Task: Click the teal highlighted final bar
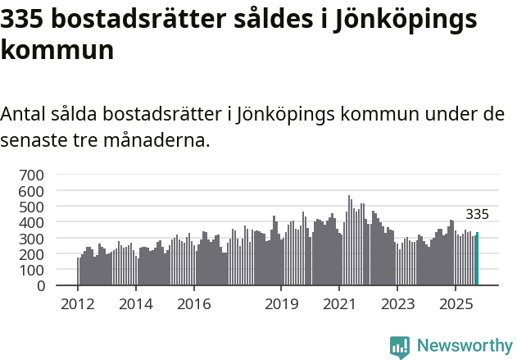coord(477,259)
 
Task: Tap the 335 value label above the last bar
coord(477,215)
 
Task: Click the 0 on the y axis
coord(40,286)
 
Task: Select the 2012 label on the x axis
coord(78,304)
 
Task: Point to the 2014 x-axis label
coord(136,304)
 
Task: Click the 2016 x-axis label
coord(194,304)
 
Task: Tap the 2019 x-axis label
coord(281,304)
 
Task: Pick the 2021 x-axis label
coord(339,304)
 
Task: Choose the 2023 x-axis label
coord(397,304)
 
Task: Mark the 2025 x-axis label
coord(456,304)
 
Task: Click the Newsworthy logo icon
coord(400,346)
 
